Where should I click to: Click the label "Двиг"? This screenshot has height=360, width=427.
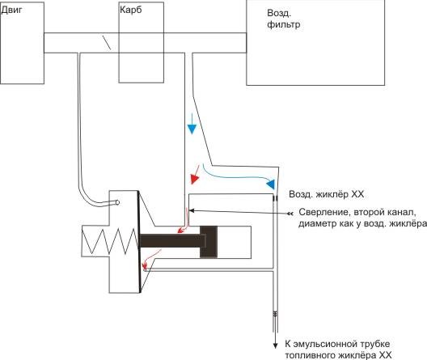pos(11,11)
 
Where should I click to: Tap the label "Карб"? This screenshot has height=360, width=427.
pos(131,11)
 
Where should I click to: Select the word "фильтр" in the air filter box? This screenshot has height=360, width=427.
pos(284,24)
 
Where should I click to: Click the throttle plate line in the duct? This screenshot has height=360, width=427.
pos(107,42)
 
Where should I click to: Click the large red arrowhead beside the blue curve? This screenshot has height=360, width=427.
pos(194,179)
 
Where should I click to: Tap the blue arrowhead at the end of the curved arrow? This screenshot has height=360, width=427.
pos(271,184)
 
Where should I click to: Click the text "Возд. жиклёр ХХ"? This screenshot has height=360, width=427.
pos(326,194)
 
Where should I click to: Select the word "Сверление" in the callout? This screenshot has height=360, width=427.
pos(323,213)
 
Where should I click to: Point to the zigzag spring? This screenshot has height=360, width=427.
pos(110,241)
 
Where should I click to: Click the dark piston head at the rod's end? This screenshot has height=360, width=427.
pos(209,242)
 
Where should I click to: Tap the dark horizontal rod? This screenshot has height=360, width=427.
pos(170,241)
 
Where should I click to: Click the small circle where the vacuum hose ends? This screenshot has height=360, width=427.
pos(117,202)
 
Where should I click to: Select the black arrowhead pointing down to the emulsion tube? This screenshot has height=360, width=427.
pos(275,345)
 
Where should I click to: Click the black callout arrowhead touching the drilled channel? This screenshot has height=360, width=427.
pos(192,210)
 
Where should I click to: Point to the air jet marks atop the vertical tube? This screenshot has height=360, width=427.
pos(275,199)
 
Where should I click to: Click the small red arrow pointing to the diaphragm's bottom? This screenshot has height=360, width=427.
pos(151,257)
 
